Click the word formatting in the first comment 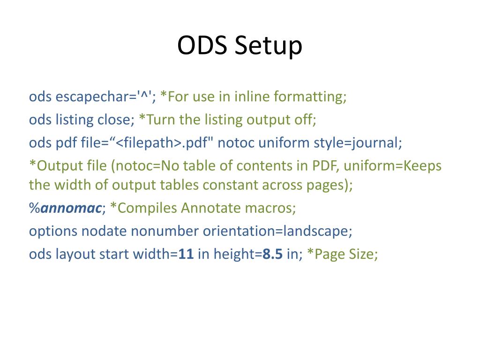tap(310, 97)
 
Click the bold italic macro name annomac tap(71, 208)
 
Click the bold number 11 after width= tap(186, 254)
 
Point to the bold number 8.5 tap(272, 254)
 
